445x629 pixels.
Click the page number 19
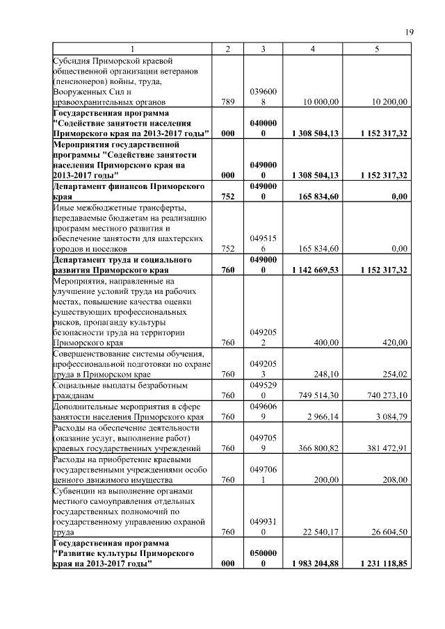(x=410, y=32)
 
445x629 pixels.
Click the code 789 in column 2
(x=227, y=101)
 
